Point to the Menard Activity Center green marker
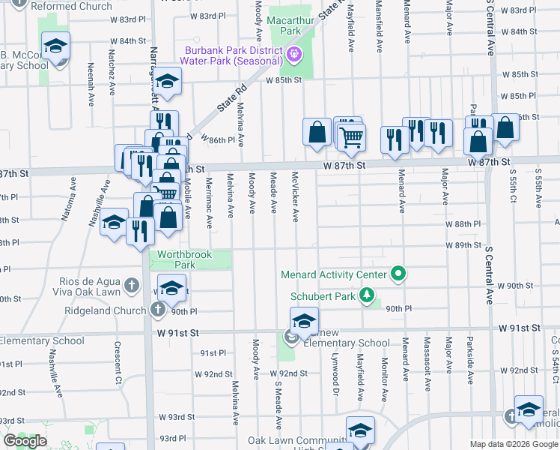399,274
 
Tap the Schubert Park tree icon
367,295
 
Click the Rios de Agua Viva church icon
132,285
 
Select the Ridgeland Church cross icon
157,310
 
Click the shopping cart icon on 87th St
351,136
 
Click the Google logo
24,441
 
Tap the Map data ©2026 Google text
514,444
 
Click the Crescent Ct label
118,359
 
